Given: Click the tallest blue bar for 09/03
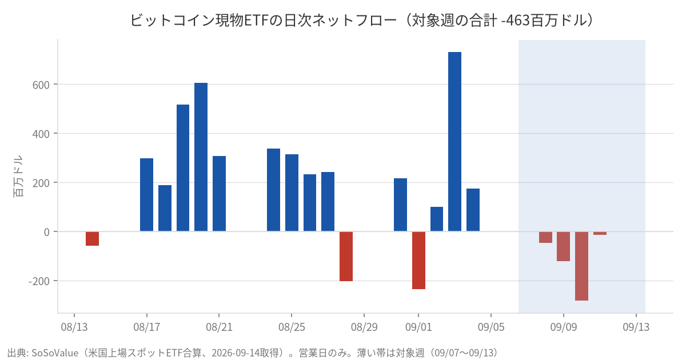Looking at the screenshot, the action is click(x=454, y=142).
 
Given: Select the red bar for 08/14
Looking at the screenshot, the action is click(x=92, y=238).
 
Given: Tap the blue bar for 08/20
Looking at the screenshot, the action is click(x=201, y=157).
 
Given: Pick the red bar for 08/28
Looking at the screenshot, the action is click(x=346, y=256).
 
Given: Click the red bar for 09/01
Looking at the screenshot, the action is click(x=418, y=260).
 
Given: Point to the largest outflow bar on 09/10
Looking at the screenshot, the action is click(x=581, y=266).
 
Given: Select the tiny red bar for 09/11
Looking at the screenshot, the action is click(x=600, y=233).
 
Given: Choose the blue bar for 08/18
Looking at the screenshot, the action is click(x=165, y=208).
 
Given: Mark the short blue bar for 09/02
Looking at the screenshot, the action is click(x=437, y=219).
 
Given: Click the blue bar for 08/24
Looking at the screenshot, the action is click(x=273, y=190).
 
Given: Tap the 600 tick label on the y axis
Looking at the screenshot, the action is click(x=41, y=85).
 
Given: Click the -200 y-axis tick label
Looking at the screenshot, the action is click(x=39, y=281).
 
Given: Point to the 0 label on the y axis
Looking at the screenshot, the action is click(x=46, y=232).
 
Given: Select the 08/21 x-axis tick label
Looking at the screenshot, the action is click(x=219, y=327).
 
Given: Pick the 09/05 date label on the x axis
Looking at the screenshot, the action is click(x=491, y=327).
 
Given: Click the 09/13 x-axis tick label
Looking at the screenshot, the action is click(x=636, y=327).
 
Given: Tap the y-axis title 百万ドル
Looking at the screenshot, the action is click(x=18, y=176).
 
